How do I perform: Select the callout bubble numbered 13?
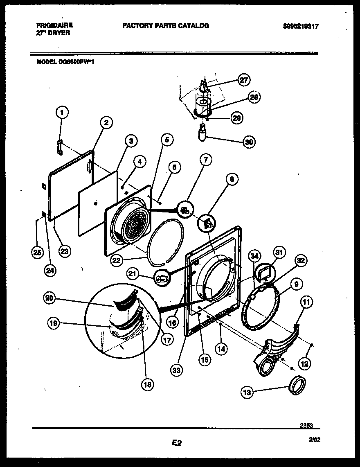(248, 392)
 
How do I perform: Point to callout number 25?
(37, 253)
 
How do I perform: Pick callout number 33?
(177, 370)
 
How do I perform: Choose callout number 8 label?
(232, 180)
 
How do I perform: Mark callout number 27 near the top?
(244, 80)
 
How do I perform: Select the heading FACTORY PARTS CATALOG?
(165, 25)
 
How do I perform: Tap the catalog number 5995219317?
(300, 26)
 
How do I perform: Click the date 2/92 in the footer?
(313, 439)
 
